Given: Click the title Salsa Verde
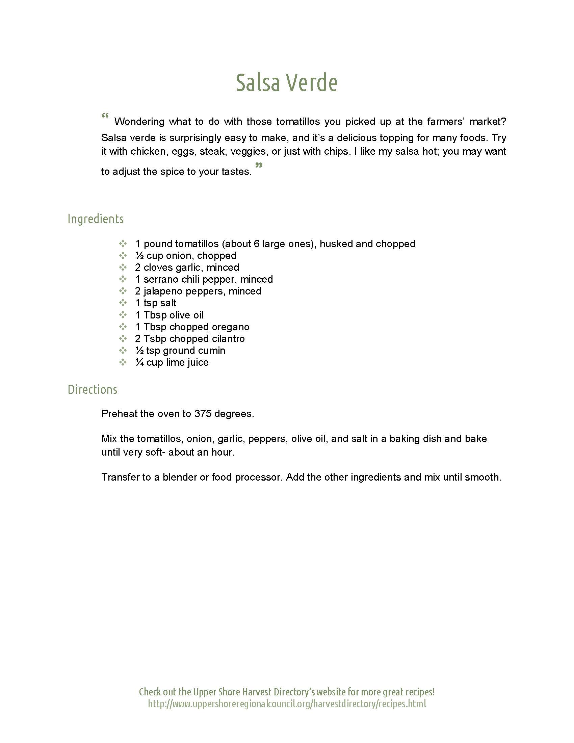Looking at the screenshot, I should [x=287, y=82].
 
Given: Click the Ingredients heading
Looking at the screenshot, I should [x=96, y=219].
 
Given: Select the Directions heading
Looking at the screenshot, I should [x=93, y=389].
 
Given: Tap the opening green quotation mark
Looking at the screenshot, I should [x=105, y=116].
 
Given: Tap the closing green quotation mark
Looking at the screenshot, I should [x=259, y=166].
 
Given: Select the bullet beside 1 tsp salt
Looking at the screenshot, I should [x=123, y=303].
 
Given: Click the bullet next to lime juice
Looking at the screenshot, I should [x=123, y=362].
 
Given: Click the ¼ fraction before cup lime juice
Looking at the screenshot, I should [x=139, y=362].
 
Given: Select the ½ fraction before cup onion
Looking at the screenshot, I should [x=139, y=256].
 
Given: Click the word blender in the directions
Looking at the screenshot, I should [x=180, y=477].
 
